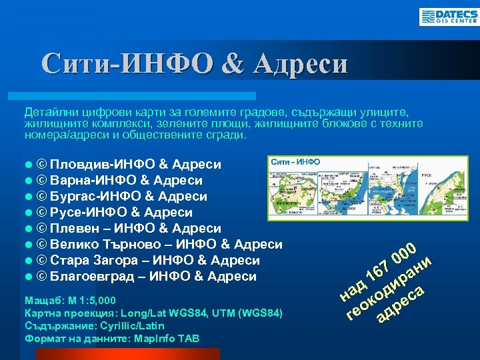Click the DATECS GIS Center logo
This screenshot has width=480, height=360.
(x=447, y=17)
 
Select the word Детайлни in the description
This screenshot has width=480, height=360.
(x=47, y=112)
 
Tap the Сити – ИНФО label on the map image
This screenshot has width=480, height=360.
(x=295, y=162)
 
